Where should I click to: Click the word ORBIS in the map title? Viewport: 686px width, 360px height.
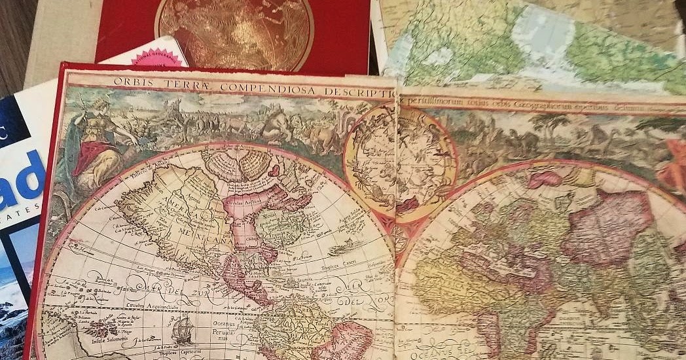click(130, 82)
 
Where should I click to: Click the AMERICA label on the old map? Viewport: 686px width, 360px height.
click(175, 208)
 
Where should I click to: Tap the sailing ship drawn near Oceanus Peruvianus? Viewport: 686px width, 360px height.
click(185, 327)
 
